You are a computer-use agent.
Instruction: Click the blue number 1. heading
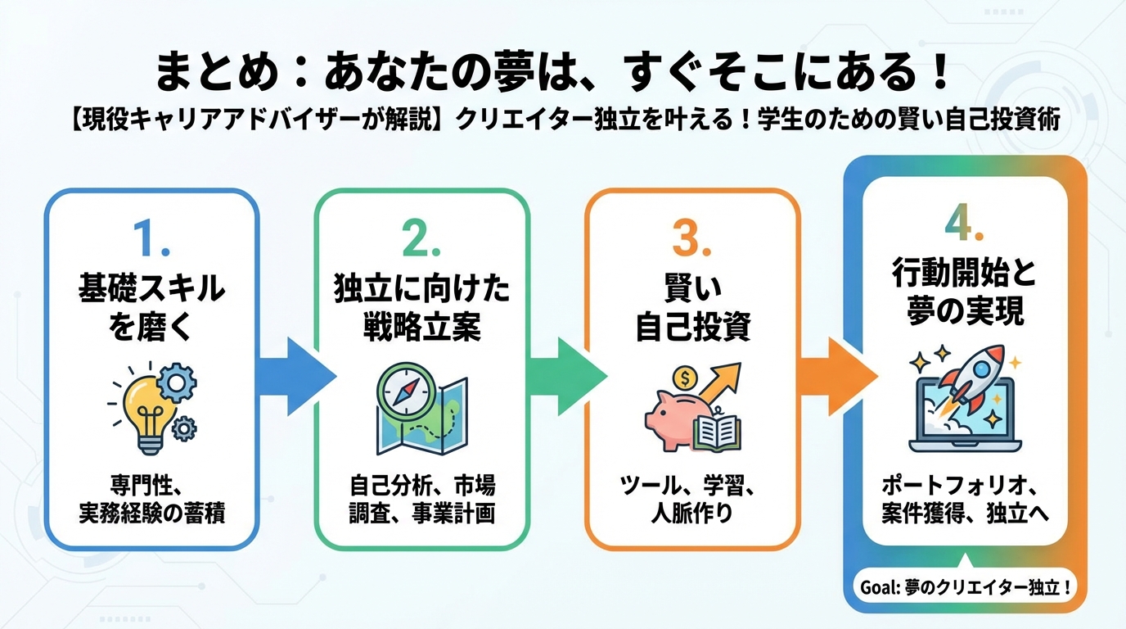(151, 238)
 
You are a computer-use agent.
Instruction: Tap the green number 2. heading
(421, 238)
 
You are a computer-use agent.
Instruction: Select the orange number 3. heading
(692, 238)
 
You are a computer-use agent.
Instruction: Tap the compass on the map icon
(401, 392)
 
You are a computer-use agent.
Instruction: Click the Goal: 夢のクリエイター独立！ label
(966, 588)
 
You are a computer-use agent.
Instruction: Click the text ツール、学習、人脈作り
(692, 500)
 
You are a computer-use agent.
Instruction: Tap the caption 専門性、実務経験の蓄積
(151, 499)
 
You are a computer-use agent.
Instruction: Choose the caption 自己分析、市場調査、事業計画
(421, 499)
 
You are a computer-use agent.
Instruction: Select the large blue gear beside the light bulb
(175, 380)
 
